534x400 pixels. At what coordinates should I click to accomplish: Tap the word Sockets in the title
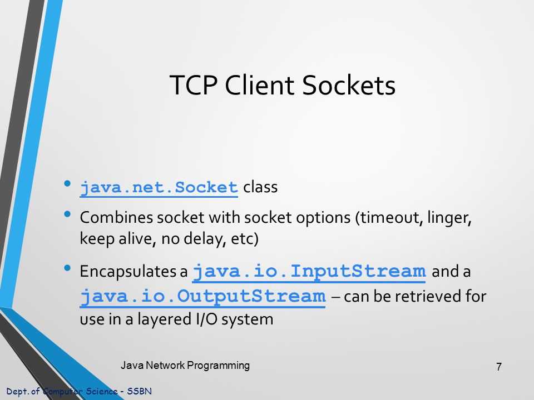(x=349, y=86)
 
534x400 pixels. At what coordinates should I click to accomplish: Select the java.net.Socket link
(x=159, y=188)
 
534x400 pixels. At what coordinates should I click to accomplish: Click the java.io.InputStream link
(x=309, y=272)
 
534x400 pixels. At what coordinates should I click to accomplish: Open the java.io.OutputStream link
(x=202, y=296)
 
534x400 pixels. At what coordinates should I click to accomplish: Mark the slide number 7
(x=498, y=367)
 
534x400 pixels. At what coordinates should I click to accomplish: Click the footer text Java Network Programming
(x=185, y=365)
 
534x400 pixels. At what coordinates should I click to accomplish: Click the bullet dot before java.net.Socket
(x=67, y=183)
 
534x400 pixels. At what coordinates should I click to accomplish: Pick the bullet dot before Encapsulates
(x=67, y=268)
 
